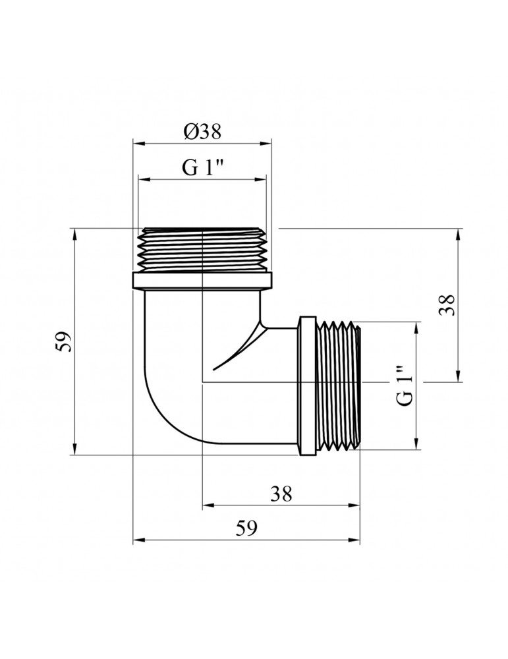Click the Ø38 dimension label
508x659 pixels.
pyautogui.click(x=202, y=132)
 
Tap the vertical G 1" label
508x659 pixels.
pyautogui.click(x=406, y=386)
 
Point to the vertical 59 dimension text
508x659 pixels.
pyautogui.click(x=64, y=341)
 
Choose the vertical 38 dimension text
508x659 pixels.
pyautogui.click(x=448, y=304)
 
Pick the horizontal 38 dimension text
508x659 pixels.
pyautogui.click(x=281, y=494)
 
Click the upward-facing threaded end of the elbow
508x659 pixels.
pyautogui.click(x=202, y=249)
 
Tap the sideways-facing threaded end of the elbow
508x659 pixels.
pyautogui.click(x=339, y=386)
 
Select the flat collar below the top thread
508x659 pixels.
pyautogui.click(x=202, y=281)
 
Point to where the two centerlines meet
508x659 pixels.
pyautogui.click(x=202, y=382)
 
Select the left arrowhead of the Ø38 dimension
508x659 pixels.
pyautogui.click(x=137, y=142)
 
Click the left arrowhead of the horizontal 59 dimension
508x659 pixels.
pyautogui.click(x=137, y=540)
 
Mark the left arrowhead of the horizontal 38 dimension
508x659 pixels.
pyautogui.click(x=206, y=505)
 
